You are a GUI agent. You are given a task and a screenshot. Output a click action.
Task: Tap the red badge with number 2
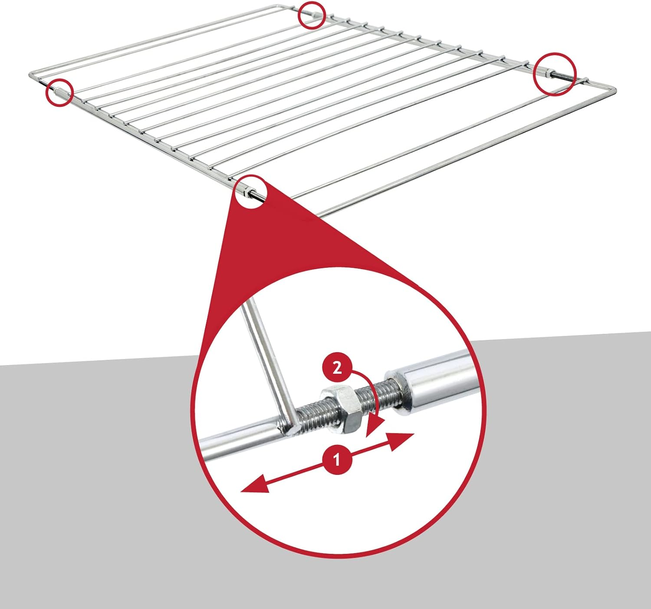click(x=337, y=369)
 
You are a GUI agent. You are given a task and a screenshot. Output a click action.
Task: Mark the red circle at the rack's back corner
click(x=311, y=15)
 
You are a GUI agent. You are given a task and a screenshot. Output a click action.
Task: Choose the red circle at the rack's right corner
click(x=555, y=73)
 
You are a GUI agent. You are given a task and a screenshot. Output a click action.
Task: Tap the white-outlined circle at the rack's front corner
click(x=251, y=191)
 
